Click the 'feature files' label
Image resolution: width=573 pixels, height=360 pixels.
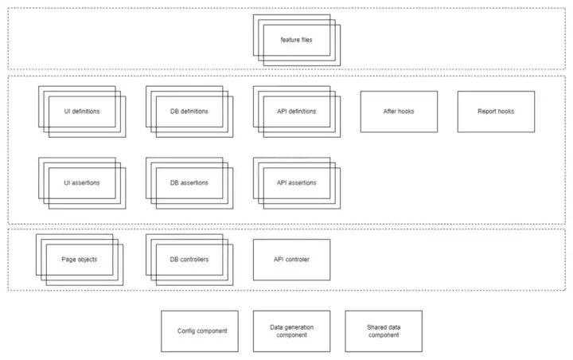296,40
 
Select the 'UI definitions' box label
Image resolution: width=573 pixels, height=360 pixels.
82,112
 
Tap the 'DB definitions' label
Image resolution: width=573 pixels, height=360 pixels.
189,112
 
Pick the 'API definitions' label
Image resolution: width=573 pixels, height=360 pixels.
296,112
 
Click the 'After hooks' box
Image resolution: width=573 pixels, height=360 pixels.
399,112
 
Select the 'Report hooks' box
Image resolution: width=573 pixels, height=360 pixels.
496,112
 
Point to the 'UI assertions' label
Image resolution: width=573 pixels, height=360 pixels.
82,182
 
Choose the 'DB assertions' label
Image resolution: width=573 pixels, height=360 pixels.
189,182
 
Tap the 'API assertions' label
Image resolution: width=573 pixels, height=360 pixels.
296,182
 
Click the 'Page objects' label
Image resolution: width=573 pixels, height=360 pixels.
80,260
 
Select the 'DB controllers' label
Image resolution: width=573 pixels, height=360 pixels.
189,260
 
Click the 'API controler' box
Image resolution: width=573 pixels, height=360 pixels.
291,260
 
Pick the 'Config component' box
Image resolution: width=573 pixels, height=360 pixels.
200,331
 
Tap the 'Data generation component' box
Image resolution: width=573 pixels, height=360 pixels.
291,331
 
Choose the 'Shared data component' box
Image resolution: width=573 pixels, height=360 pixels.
384,331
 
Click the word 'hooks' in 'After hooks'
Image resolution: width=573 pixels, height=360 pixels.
406,112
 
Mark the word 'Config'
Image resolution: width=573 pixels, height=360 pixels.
186,331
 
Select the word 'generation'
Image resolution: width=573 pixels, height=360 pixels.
299,327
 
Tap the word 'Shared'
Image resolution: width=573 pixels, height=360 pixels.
376,327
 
